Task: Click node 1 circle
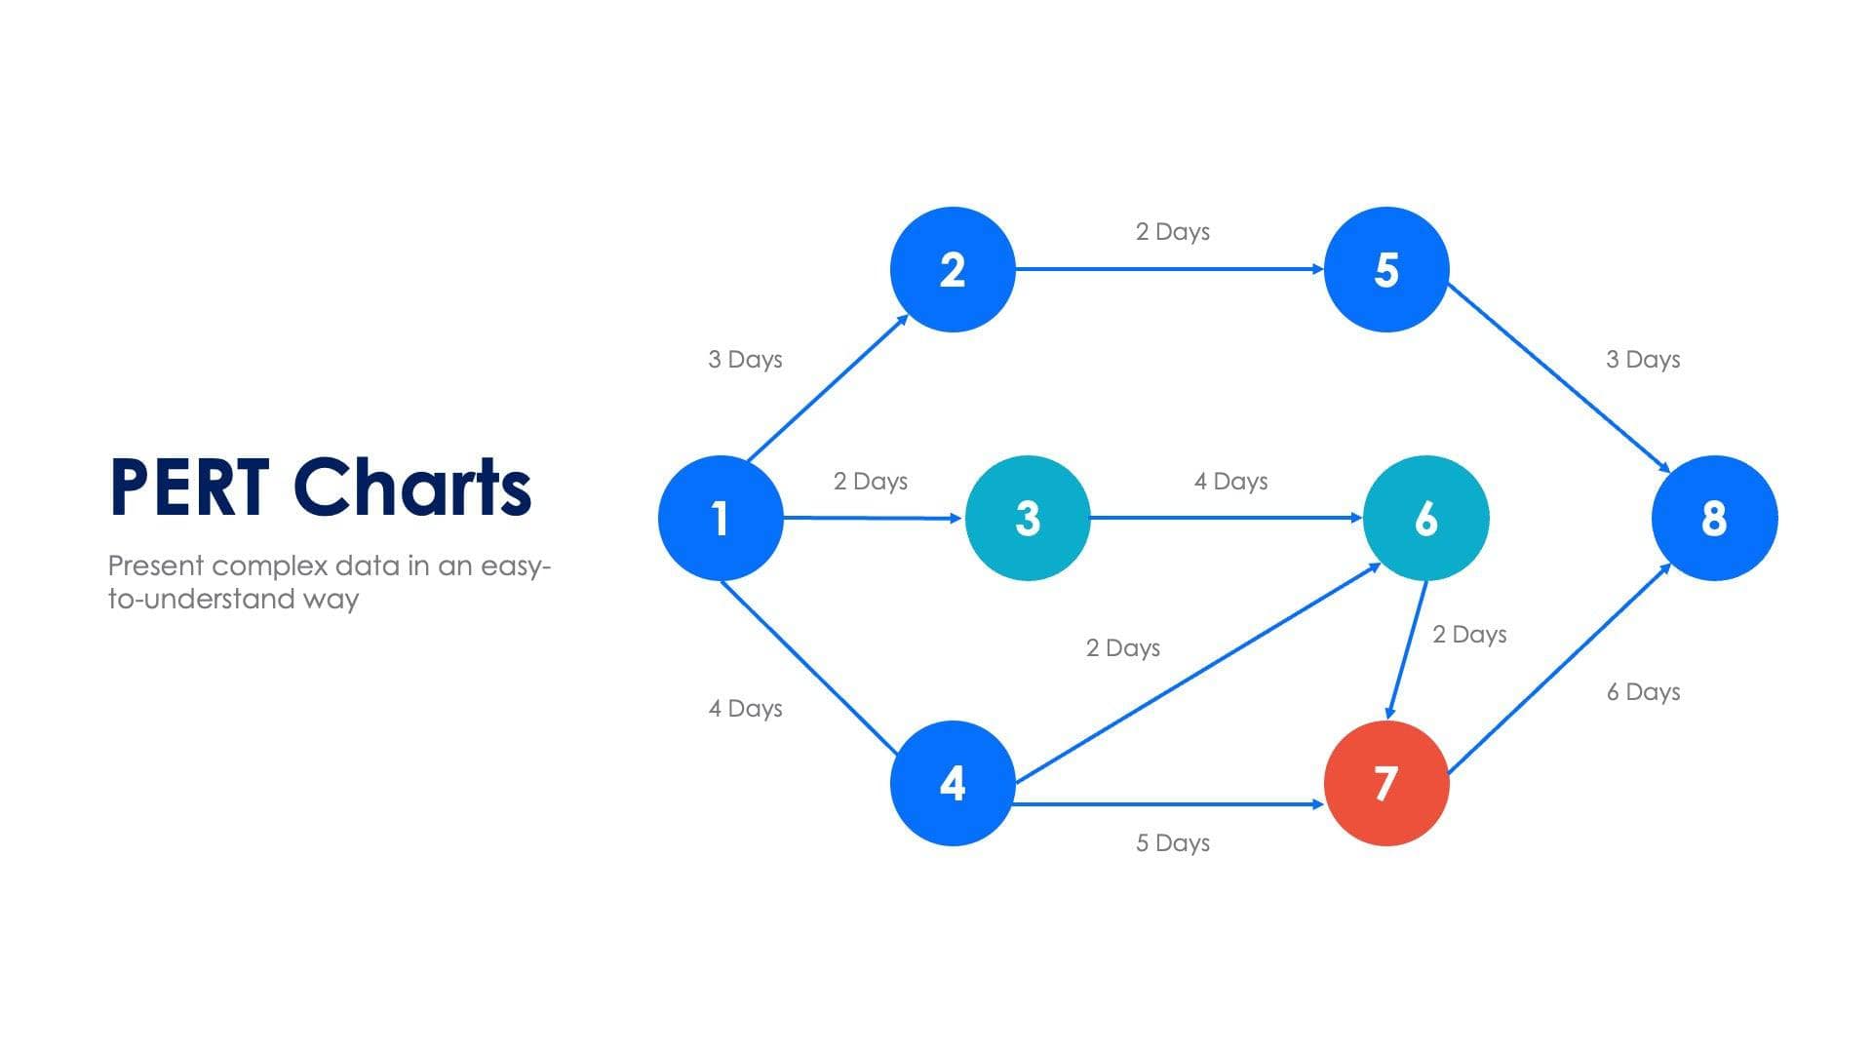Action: pos(721,518)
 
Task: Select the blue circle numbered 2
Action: pos(953,269)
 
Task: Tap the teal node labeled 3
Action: pos(1028,518)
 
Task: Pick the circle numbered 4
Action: pos(953,783)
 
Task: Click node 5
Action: pos(1386,269)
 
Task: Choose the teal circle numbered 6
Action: pos(1425,518)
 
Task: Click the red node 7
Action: pos(1386,783)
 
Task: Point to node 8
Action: pos(1714,518)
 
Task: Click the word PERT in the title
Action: pos(189,487)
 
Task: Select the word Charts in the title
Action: pos(412,487)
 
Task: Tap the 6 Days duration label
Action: pos(1643,692)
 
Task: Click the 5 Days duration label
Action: pos(1172,843)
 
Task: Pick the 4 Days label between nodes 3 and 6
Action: pos(1230,482)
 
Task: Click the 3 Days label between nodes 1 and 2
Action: pos(745,360)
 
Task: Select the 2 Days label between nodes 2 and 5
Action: pos(1172,232)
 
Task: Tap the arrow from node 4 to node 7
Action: pos(1170,804)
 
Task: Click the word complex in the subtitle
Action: pos(269,565)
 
